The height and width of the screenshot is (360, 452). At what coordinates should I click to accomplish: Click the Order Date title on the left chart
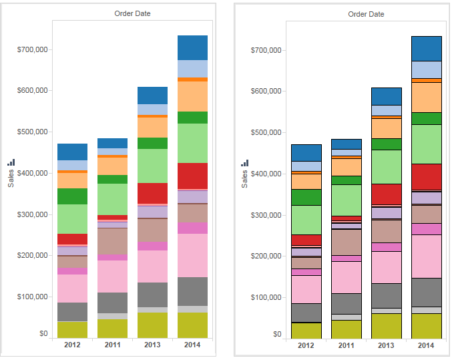click(133, 13)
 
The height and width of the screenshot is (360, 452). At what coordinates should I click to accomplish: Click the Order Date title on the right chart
click(366, 14)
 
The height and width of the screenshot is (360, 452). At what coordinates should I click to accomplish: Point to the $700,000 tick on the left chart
click(35, 49)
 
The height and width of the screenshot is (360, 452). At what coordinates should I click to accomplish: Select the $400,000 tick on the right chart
click(268, 174)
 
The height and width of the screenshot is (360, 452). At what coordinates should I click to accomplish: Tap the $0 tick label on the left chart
click(43, 333)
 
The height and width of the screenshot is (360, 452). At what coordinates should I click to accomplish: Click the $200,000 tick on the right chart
click(268, 256)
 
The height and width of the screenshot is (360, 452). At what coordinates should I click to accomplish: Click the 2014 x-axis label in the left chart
click(192, 345)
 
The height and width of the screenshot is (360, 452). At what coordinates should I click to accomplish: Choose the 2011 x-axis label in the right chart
click(346, 346)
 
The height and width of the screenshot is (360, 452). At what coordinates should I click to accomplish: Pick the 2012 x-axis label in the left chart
click(72, 345)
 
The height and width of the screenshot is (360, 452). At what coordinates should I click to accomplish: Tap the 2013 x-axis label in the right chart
click(386, 346)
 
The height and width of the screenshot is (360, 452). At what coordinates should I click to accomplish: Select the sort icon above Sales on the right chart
click(244, 163)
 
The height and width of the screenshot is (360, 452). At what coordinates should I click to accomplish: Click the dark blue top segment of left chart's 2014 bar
click(192, 47)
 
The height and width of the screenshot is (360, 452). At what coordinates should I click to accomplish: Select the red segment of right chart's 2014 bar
click(426, 176)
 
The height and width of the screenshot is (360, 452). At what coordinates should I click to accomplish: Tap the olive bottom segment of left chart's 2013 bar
click(152, 325)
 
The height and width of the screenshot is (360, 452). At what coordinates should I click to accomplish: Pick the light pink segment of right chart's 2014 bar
click(426, 256)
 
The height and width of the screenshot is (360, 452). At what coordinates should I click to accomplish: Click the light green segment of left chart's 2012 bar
click(72, 218)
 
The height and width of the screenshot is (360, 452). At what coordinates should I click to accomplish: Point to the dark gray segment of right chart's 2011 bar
click(346, 303)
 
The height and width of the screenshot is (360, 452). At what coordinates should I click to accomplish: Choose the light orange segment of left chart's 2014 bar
click(192, 96)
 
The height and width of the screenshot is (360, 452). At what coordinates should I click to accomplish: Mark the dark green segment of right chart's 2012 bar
click(306, 197)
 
